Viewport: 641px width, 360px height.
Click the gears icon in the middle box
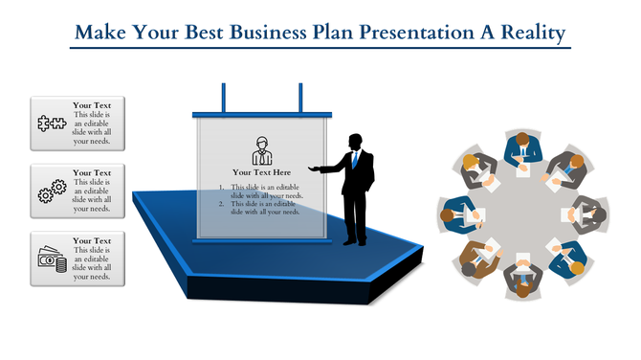[50, 191]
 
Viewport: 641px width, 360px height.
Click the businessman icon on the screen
[261, 150]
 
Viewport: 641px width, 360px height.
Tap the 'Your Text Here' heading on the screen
[261, 172]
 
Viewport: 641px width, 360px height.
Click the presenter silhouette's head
[355, 141]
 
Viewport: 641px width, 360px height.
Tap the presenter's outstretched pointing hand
[321, 170]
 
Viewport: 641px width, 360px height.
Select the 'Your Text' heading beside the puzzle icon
[92, 105]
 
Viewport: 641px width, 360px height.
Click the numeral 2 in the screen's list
[222, 204]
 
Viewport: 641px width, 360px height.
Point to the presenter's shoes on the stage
[355, 243]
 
